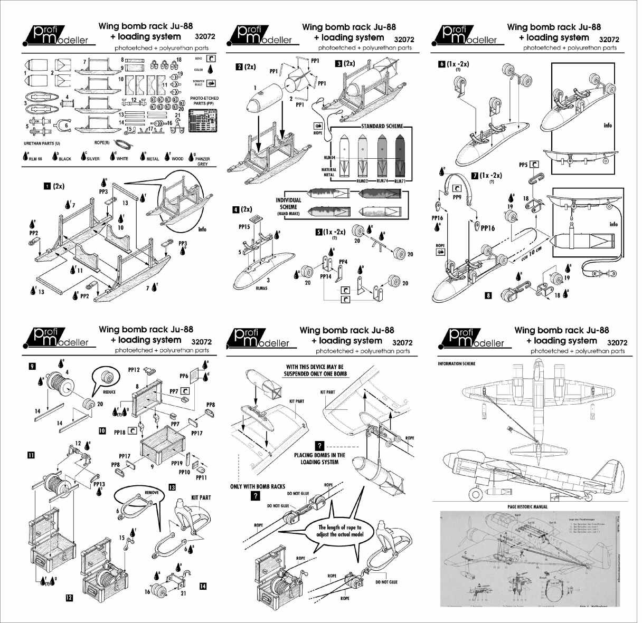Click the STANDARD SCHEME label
(x=382, y=127)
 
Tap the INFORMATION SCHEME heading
(x=456, y=364)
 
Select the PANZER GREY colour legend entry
(x=202, y=160)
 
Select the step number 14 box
(x=203, y=586)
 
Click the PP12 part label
(x=134, y=370)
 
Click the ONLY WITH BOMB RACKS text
(x=259, y=486)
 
